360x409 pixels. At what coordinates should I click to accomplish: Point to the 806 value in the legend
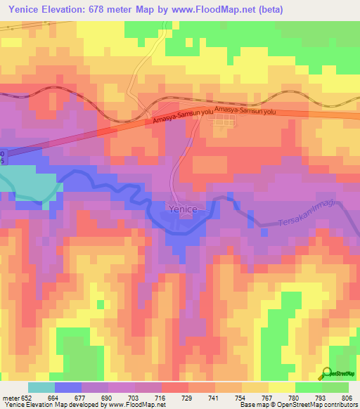coord(347,397)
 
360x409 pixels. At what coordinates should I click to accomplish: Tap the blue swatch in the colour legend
coord(67,387)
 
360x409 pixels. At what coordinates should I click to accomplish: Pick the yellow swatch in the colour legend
coord(281,387)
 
